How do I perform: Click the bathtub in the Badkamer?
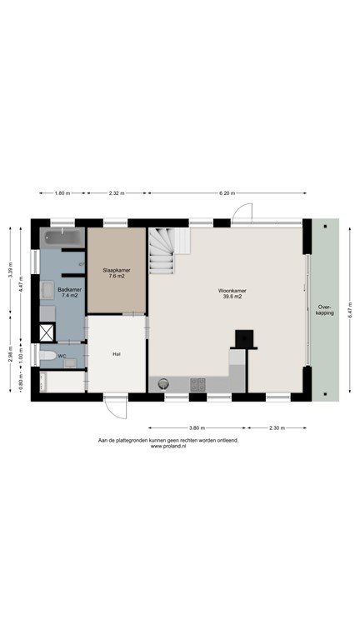pos(62,238)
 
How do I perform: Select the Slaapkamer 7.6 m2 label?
pos(117,273)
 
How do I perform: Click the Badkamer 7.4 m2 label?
pos(67,292)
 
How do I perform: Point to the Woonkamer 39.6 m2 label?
pos(231,293)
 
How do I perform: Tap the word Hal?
pos(117,354)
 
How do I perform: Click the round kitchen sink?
pos(164,383)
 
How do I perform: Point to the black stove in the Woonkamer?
pos(244,338)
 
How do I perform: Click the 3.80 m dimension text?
pos(197,427)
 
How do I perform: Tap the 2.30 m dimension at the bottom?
pos(277,427)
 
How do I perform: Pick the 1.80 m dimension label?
pos(61,193)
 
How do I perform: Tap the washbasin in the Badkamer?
pos(47,291)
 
